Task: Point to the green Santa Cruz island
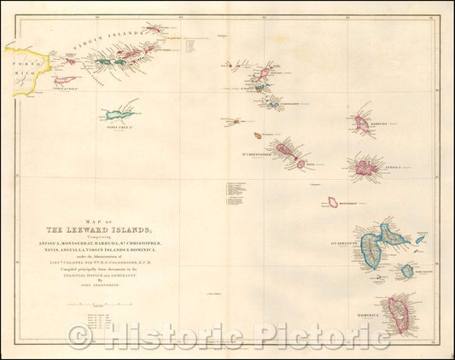coord(120,113)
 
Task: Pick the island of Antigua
coord(366,167)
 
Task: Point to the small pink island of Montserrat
coord(332,202)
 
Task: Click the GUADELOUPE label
coord(357,240)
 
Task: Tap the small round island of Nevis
coord(300,164)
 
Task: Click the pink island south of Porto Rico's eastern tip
coord(65,81)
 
